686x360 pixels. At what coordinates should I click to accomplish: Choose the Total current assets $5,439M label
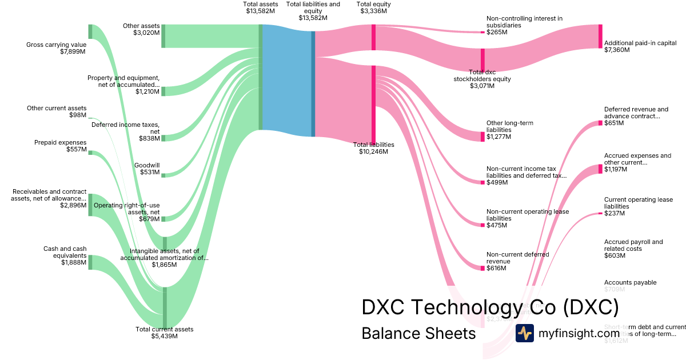(x=164, y=333)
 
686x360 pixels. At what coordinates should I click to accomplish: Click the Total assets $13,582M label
(x=260, y=8)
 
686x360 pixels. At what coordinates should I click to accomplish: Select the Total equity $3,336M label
(x=373, y=8)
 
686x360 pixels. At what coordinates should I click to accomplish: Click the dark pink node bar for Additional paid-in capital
(x=600, y=37)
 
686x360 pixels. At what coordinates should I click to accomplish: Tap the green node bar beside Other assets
(x=163, y=36)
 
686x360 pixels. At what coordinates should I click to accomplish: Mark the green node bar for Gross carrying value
(x=90, y=31)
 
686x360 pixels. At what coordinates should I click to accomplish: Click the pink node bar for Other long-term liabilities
(x=482, y=137)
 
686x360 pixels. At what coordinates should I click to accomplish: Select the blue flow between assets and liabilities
(x=286, y=77)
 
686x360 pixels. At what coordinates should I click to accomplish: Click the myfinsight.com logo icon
(x=524, y=333)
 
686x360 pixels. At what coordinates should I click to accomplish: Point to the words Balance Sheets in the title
(x=418, y=333)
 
